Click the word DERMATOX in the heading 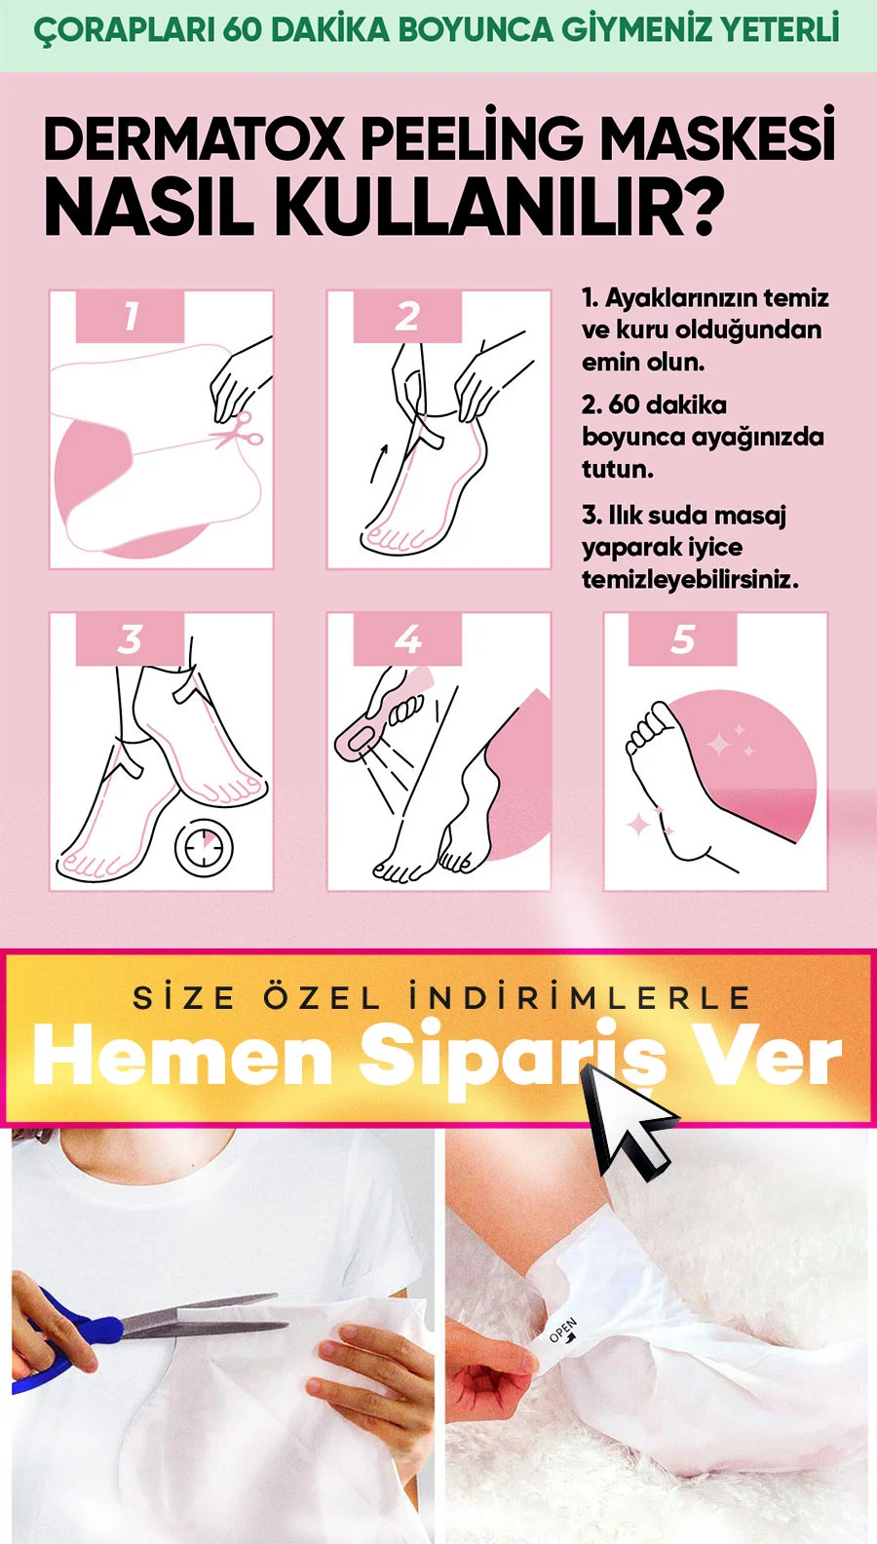[194, 140]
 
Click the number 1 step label [131, 316]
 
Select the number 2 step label [407, 316]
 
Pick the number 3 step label [131, 639]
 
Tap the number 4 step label [407, 639]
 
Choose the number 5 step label [683, 639]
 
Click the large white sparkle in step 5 [720, 745]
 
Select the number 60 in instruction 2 [624, 405]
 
